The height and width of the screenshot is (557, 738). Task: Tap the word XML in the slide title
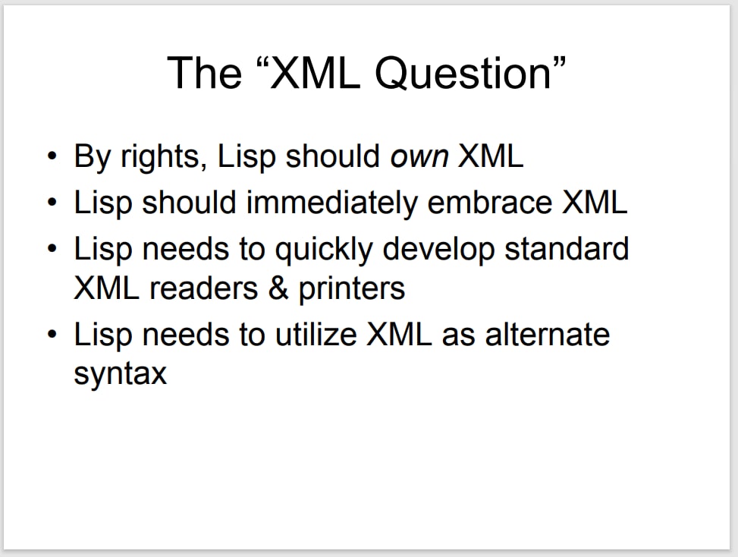click(x=316, y=73)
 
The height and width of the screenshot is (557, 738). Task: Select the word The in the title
click(x=204, y=73)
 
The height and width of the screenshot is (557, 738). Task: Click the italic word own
click(x=419, y=158)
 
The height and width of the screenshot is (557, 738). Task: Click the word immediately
click(x=331, y=203)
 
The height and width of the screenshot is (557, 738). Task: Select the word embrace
click(x=489, y=203)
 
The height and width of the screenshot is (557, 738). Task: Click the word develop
click(x=438, y=250)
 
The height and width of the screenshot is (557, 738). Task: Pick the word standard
click(x=567, y=249)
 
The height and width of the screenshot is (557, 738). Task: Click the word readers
click(x=204, y=288)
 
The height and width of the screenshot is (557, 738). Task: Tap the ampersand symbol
click(x=278, y=288)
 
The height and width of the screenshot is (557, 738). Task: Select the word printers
click(x=352, y=288)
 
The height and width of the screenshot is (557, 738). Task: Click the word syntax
click(x=121, y=374)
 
